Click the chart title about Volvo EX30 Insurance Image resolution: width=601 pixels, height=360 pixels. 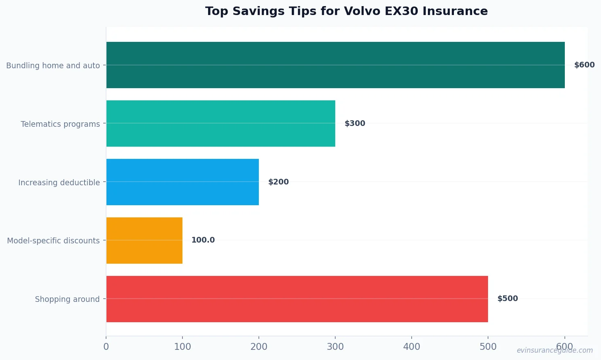346,11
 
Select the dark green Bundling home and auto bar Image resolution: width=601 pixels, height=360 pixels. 335,65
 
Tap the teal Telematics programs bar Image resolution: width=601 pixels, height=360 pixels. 221,124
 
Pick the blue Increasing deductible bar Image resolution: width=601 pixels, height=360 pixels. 182,182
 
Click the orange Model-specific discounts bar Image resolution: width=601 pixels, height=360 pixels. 144,241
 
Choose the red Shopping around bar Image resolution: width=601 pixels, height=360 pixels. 297,299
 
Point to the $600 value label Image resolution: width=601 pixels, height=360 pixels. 584,65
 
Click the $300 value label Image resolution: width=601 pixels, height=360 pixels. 355,124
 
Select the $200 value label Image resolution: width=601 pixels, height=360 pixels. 278,182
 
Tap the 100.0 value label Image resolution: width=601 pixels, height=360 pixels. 203,240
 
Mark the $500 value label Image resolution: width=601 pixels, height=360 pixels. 508,299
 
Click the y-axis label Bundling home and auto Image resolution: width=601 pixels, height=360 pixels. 53,65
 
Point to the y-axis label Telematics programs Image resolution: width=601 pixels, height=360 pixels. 60,124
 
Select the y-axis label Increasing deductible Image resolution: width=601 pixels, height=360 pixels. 59,182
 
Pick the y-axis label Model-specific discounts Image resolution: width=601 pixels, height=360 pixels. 53,241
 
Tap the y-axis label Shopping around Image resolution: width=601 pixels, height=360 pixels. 67,299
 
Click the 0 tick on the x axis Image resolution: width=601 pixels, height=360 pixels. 106,347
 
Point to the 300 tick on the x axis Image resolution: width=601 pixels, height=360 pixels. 335,347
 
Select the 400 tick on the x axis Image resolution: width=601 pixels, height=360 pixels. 412,347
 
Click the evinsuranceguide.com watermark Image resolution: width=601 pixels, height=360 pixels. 554,350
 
